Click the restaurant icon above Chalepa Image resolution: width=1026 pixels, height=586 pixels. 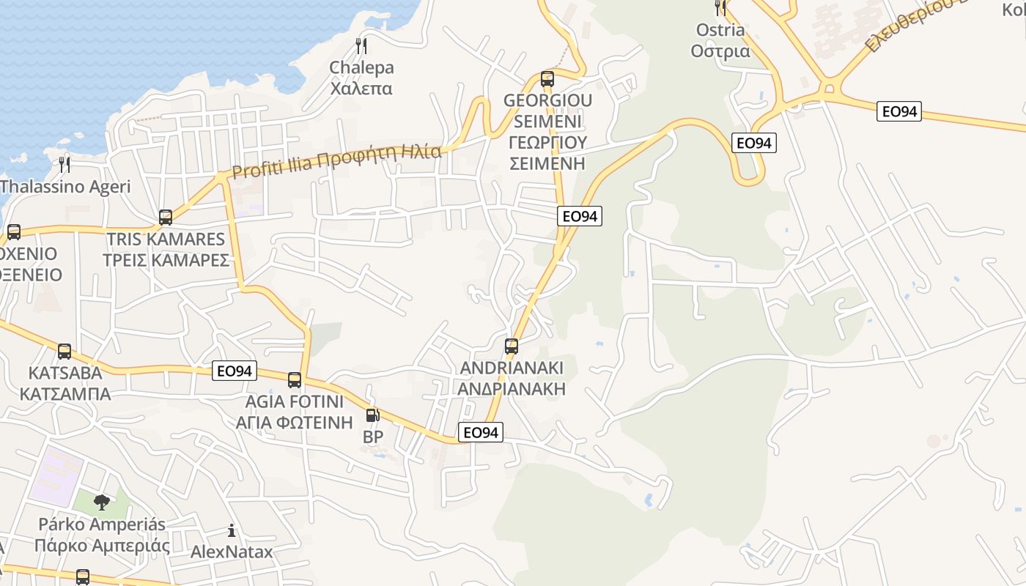click(361, 46)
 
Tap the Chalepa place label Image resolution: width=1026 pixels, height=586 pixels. click(361, 78)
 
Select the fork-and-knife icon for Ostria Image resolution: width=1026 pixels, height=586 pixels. click(720, 8)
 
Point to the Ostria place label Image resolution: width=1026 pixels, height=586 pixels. click(720, 40)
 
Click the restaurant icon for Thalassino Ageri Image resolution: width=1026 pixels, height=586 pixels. click(64, 164)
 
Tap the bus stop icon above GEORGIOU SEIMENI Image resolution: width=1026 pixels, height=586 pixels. click(547, 79)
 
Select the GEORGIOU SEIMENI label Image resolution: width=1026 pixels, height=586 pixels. click(547, 131)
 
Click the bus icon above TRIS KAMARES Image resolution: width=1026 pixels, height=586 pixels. click(166, 218)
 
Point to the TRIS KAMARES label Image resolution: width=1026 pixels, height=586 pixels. click(166, 250)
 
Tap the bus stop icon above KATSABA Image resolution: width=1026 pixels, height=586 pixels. click(64, 352)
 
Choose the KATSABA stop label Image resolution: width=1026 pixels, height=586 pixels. click(65, 383)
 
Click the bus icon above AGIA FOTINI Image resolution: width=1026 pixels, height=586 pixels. click(295, 380)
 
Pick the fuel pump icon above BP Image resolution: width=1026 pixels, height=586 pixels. click(372, 415)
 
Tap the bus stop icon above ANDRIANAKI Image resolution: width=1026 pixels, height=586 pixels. click(512, 346)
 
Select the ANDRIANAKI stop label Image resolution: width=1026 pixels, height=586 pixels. click(512, 378)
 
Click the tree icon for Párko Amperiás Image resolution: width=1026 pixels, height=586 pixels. click(102, 502)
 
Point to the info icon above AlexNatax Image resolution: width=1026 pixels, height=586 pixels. click(232, 530)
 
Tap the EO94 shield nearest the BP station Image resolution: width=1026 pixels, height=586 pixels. click(481, 433)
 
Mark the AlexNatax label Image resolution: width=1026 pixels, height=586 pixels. click(232, 552)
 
